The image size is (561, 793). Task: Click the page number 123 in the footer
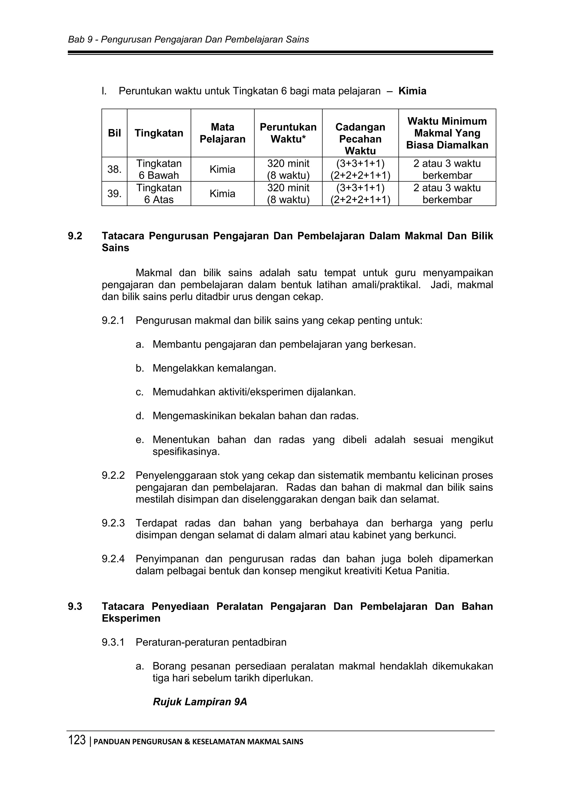pyautogui.click(x=77, y=740)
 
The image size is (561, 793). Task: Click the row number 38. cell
pyautogui.click(x=114, y=169)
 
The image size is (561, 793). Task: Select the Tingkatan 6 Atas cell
pyautogui.click(x=159, y=194)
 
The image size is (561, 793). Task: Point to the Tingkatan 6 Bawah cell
pyautogui.click(x=159, y=169)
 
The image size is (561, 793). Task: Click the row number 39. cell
pyautogui.click(x=114, y=194)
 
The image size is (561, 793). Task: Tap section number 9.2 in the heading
pyautogui.click(x=75, y=236)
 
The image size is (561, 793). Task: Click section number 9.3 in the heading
pyautogui.click(x=75, y=606)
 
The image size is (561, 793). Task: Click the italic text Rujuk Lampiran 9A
pyautogui.click(x=200, y=702)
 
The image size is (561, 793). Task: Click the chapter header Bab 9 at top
pyautogui.click(x=81, y=40)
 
